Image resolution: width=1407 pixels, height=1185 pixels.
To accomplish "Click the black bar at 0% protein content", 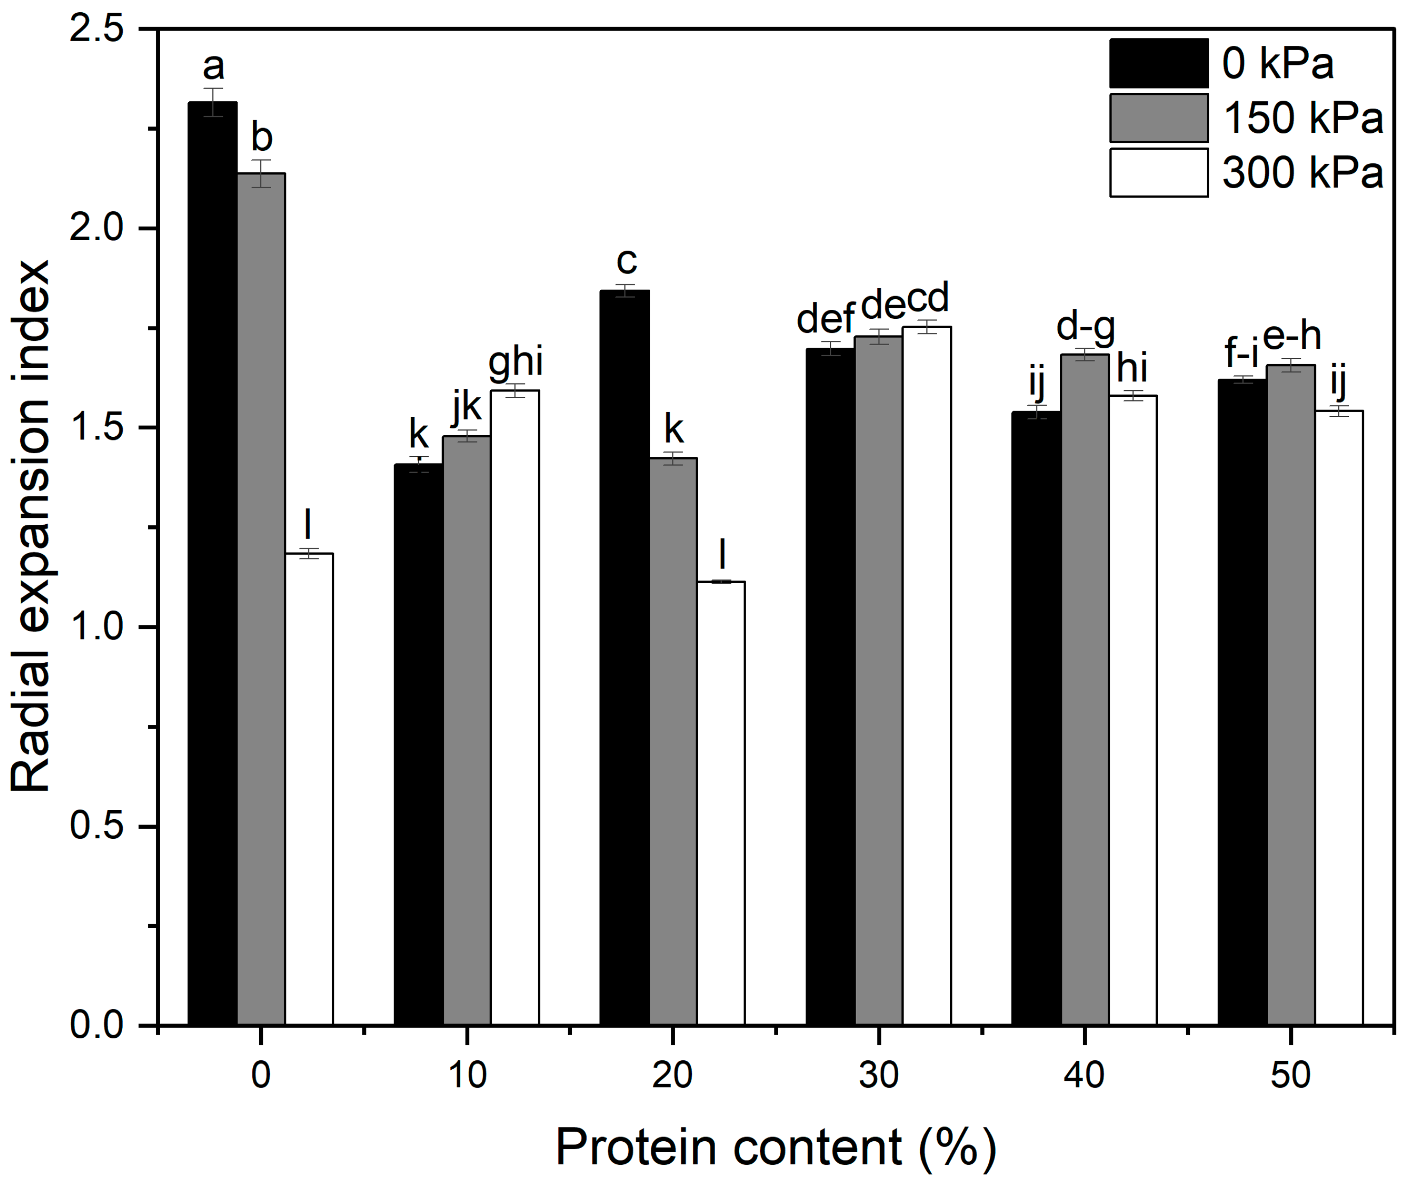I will click(212, 564).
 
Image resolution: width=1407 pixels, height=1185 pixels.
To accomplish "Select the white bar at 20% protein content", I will click(721, 803).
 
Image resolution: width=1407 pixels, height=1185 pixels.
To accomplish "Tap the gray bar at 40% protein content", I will click(1084, 688).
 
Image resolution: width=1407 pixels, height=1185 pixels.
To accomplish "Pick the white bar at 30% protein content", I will click(926, 675).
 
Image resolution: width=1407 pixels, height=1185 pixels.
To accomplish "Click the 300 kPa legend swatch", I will click(1158, 173).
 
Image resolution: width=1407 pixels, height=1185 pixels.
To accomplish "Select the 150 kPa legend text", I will click(1302, 118).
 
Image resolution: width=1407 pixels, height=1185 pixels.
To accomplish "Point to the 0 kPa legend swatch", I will click(1158, 63).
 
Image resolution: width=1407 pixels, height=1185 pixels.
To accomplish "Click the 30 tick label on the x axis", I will click(878, 1075).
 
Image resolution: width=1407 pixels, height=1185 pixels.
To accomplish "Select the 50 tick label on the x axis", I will click(1290, 1075).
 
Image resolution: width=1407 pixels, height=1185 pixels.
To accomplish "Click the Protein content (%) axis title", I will click(776, 1147).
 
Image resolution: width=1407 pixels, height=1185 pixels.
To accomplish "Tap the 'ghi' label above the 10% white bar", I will click(515, 362).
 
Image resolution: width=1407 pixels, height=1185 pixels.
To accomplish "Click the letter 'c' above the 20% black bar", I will click(626, 261).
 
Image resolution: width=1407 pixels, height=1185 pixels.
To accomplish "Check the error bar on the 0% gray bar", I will click(261, 173).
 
